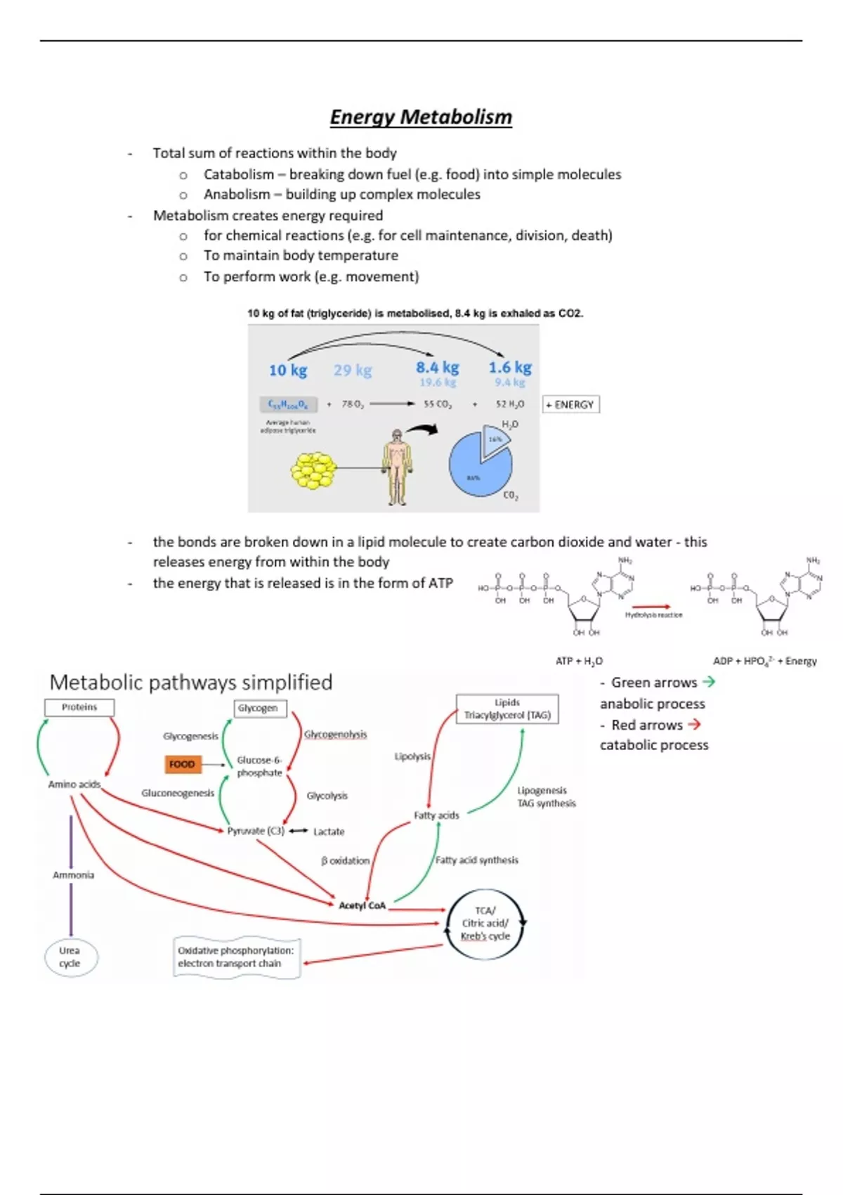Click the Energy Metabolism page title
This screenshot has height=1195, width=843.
[x=421, y=117]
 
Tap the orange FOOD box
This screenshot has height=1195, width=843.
[x=182, y=764]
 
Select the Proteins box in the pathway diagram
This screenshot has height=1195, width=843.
[x=79, y=707]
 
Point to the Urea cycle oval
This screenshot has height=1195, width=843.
[x=70, y=957]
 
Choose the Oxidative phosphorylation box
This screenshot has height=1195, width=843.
[x=236, y=957]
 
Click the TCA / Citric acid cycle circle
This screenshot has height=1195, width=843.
[x=485, y=923]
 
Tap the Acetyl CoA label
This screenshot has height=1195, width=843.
[x=362, y=905]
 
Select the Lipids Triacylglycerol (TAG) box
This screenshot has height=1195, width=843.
[x=507, y=709]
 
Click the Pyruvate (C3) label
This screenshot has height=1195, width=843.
[x=256, y=831]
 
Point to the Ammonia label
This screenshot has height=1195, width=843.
[x=73, y=875]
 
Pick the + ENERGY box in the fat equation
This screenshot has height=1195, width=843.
[x=570, y=404]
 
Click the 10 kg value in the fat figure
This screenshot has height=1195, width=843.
[x=288, y=370]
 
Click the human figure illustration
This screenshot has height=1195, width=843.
[x=398, y=467]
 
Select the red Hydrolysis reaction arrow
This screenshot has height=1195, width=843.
[x=651, y=606]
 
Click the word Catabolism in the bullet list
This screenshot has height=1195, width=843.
[x=239, y=174]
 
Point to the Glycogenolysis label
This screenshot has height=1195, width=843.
[x=335, y=734]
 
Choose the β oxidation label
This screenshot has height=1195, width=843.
[x=345, y=860]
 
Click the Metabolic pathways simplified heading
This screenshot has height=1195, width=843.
[x=191, y=682]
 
